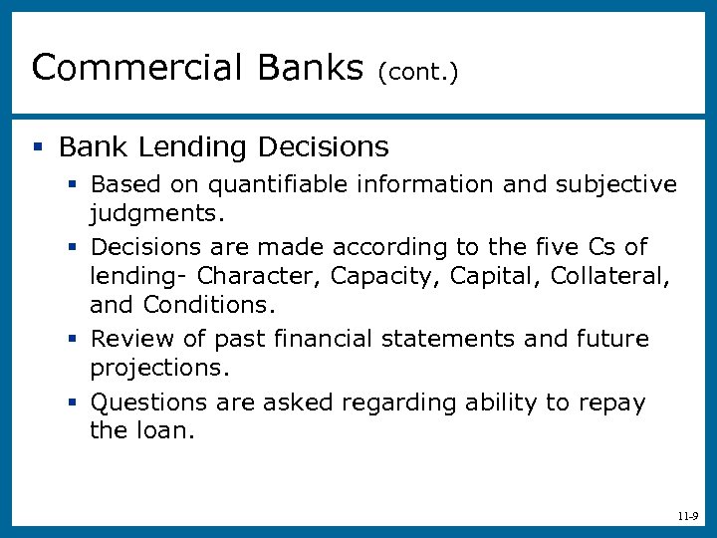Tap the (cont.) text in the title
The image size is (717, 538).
[x=417, y=72]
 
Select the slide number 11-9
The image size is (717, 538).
[x=687, y=517]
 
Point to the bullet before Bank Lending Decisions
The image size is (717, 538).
[x=37, y=147]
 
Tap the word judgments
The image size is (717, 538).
[x=157, y=212]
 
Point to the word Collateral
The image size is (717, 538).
[x=605, y=274]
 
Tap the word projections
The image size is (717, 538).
[x=159, y=367]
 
